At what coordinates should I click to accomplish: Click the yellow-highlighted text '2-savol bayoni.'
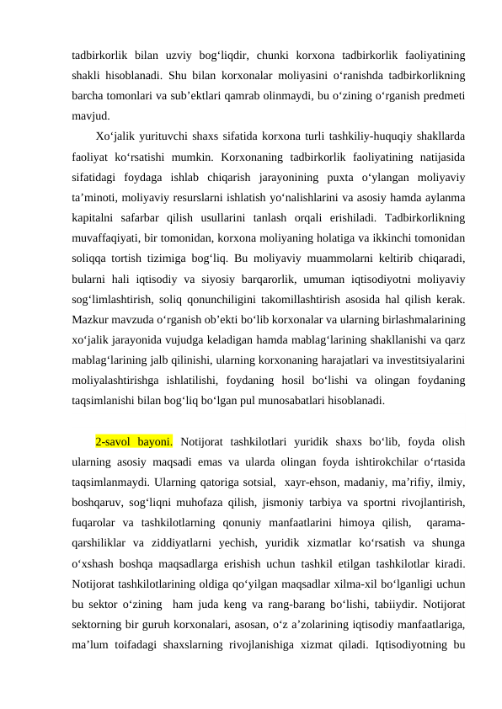pos(135,441)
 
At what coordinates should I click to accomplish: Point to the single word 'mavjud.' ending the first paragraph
pos(86,116)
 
